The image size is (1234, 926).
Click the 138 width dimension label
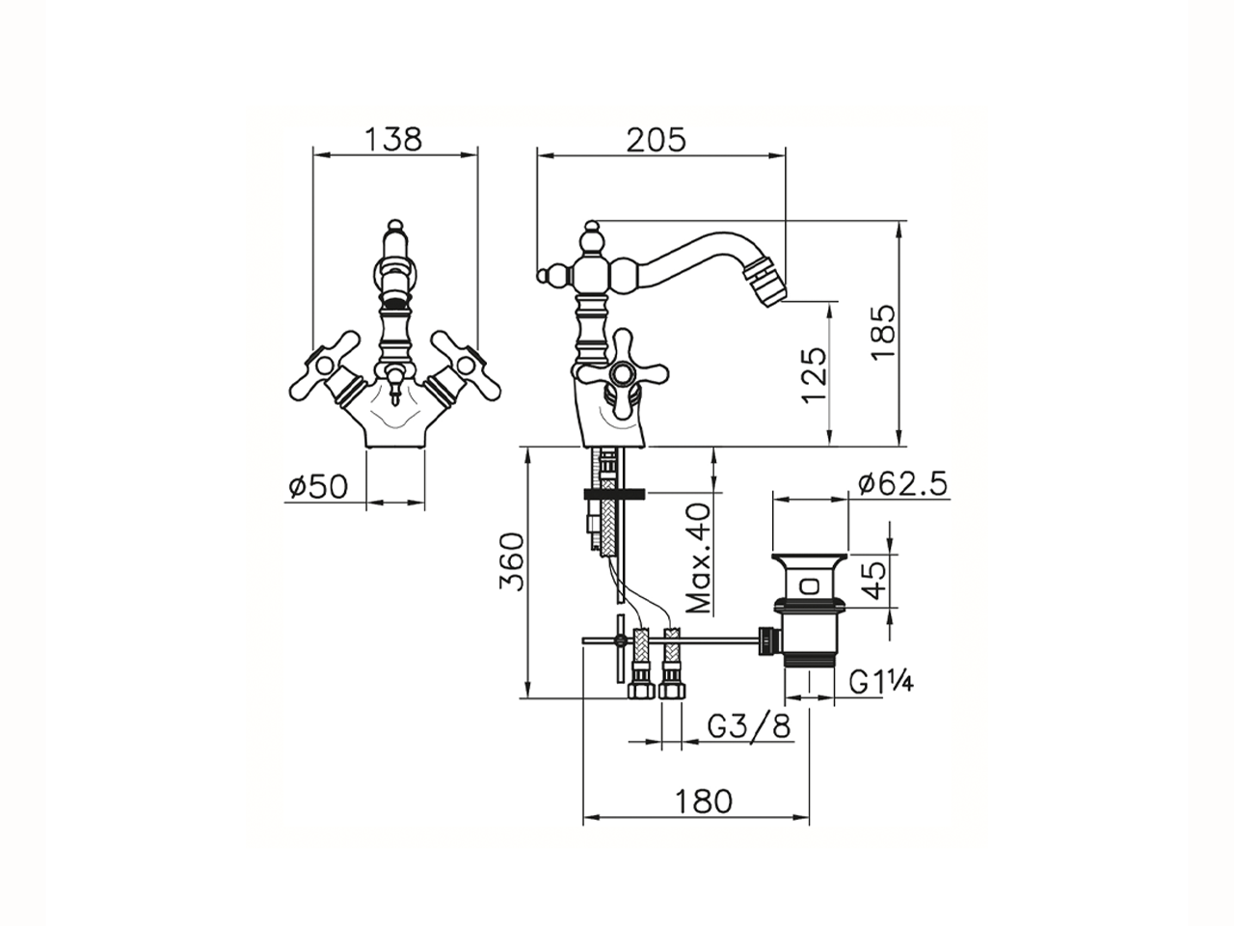(x=393, y=139)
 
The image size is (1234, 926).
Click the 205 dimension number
(x=657, y=140)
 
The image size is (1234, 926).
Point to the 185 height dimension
(x=882, y=333)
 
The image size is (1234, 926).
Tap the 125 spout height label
(x=815, y=375)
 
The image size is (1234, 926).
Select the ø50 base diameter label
(x=319, y=486)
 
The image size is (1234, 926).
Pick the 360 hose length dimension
(x=512, y=562)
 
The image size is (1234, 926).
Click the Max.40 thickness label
(x=699, y=558)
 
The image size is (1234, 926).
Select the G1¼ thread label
(x=881, y=684)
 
